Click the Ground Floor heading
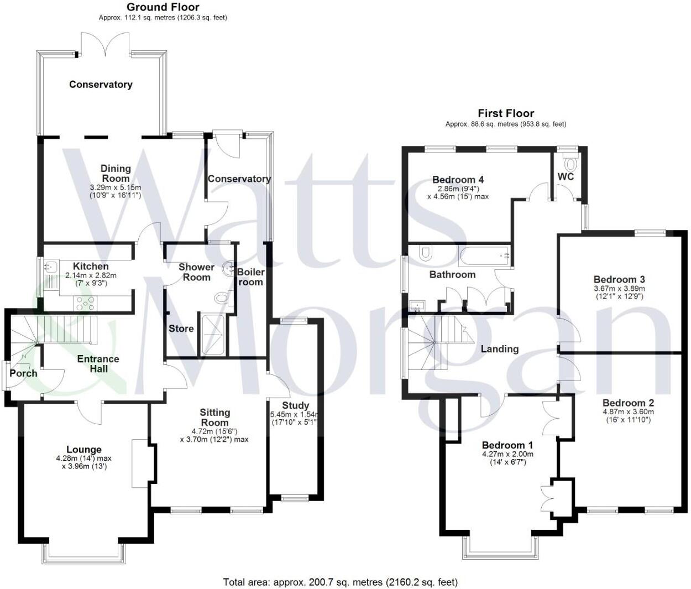pos(163,7)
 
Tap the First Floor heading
pos(506,113)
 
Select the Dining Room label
pos(116,173)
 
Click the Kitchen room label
pos(91,266)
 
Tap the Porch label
pos(24,373)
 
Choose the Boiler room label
pos(250,277)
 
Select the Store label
pos(181,329)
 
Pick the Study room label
pos(295,405)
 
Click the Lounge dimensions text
pos(84,462)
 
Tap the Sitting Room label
pos(214,417)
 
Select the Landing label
pos(500,349)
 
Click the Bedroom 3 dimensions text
pos(619,293)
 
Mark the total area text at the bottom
pos(340,582)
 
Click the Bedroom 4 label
pos(458,180)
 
